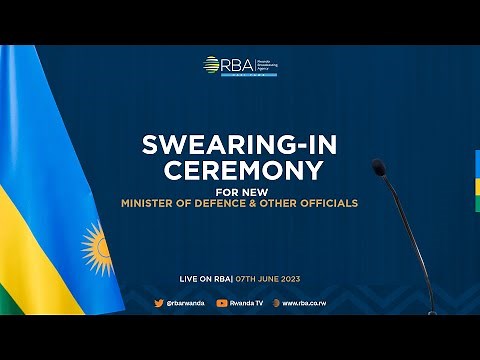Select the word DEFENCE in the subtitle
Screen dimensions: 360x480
point(246,203)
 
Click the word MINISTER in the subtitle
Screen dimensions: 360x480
point(156,203)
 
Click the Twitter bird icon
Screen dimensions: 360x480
point(159,303)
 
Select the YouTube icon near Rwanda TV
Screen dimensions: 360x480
point(222,303)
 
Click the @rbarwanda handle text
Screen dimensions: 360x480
point(186,303)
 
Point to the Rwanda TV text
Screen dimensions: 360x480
point(246,303)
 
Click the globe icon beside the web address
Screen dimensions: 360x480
point(275,303)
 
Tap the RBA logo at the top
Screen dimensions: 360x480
point(240,66)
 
